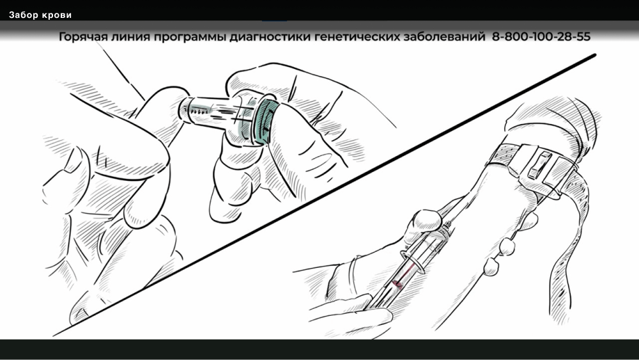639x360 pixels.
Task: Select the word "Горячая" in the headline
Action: coord(82,36)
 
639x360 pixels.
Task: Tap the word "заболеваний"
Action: coord(445,36)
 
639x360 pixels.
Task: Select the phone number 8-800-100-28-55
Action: coord(541,36)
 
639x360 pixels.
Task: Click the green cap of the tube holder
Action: coord(266,121)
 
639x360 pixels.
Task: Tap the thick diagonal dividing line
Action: coord(325,195)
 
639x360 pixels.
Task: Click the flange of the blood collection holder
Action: coord(412,260)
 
